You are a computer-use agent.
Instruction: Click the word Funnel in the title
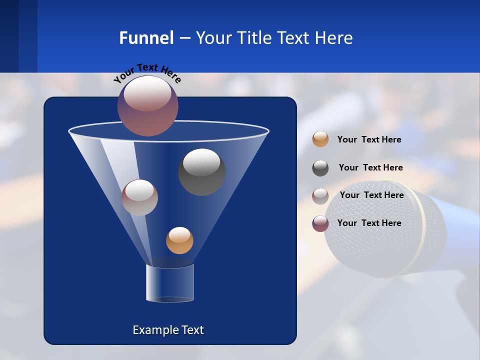pyautogui.click(x=146, y=38)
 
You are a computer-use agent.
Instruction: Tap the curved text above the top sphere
pyautogui.click(x=147, y=72)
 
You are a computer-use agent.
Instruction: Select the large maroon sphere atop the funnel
pyautogui.click(x=148, y=105)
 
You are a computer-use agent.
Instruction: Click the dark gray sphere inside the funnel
pyautogui.click(x=201, y=171)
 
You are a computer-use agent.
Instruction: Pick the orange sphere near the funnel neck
pyautogui.click(x=179, y=240)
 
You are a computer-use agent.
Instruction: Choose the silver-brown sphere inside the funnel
pyautogui.click(x=139, y=197)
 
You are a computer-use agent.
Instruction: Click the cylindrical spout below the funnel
pyautogui.click(x=170, y=283)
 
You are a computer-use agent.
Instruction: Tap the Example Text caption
pyautogui.click(x=168, y=330)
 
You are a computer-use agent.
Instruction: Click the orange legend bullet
pyautogui.click(x=320, y=139)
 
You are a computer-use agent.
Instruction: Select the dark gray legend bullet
pyautogui.click(x=320, y=168)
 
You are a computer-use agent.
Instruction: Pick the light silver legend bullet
pyautogui.click(x=320, y=196)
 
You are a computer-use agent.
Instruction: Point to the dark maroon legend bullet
pyautogui.click(x=320, y=223)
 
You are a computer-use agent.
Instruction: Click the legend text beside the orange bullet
pyautogui.click(x=369, y=140)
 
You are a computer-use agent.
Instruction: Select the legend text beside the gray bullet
pyautogui.click(x=370, y=167)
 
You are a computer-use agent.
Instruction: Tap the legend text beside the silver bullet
pyautogui.click(x=371, y=195)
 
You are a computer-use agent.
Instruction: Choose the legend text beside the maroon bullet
pyautogui.click(x=369, y=223)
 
